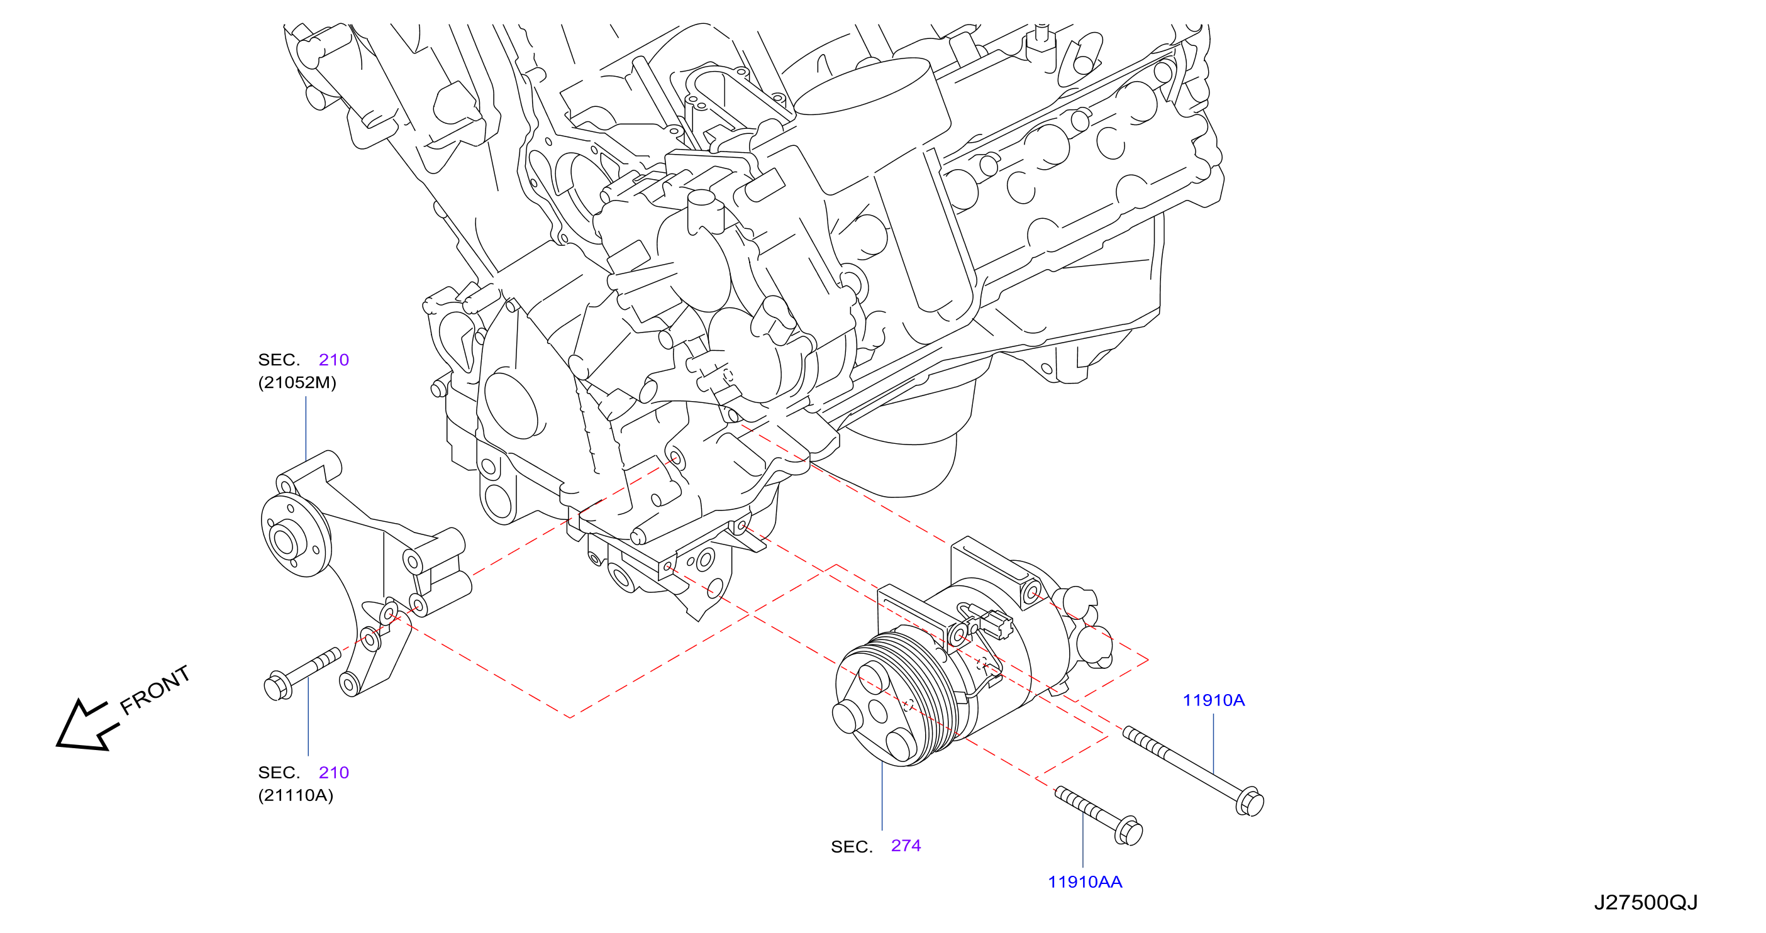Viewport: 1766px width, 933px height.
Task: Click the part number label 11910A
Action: tap(1213, 700)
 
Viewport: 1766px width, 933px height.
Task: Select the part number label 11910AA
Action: tap(1084, 881)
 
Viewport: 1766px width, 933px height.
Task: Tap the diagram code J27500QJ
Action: tap(1645, 902)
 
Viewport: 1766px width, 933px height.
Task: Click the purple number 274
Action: tap(906, 845)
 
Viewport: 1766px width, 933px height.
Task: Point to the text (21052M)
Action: tap(297, 382)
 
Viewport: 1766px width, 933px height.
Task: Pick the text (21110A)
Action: tap(296, 795)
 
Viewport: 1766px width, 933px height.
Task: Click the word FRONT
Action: tap(154, 690)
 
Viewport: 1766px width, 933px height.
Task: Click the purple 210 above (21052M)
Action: tap(334, 360)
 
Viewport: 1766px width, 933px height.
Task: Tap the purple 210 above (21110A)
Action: tap(334, 773)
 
